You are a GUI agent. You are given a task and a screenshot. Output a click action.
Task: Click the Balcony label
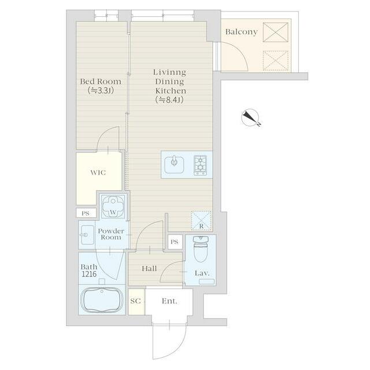[241, 32]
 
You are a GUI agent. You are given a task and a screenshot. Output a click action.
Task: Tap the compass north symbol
[250, 117]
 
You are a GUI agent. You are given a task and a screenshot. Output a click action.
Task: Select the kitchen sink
[174, 164]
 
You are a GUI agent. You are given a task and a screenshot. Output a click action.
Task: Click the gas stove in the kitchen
[201, 165]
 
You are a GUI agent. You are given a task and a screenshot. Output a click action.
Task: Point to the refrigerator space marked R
[201, 221]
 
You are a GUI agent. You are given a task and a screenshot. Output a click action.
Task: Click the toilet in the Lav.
[201, 249]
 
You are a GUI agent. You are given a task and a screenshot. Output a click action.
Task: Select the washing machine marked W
[113, 206]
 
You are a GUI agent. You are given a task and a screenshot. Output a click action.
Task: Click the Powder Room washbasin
[87, 235]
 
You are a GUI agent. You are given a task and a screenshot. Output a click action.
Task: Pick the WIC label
[98, 172]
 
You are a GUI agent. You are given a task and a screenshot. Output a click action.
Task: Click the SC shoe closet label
[135, 301]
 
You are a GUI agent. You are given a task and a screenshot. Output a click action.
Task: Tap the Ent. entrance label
[169, 301]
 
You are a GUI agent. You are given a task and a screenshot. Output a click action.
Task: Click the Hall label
[149, 268]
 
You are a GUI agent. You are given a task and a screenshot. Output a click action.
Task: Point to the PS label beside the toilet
[175, 242]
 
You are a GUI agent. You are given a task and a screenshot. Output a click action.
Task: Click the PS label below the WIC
[86, 213]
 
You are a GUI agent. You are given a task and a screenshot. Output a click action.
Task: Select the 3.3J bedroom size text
[101, 91]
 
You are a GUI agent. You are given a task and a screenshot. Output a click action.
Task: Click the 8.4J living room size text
[169, 100]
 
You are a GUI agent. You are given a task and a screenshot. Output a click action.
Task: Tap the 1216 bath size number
[89, 274]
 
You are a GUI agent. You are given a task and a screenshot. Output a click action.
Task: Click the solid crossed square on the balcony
[276, 32]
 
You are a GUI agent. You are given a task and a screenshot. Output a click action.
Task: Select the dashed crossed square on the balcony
[276, 61]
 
